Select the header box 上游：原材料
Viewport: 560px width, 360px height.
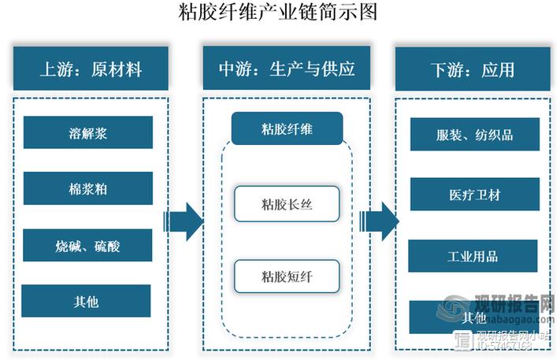91,69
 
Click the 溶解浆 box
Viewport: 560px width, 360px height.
87,132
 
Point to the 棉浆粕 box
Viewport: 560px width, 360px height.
87,188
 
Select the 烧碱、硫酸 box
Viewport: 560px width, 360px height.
87,245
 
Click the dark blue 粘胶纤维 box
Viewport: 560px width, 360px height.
287,128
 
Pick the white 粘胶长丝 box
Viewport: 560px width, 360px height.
287,204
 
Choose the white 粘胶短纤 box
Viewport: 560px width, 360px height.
287,276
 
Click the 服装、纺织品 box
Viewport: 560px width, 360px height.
474,135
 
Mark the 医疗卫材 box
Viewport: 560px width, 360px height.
474,194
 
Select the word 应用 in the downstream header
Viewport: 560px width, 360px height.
498,69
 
